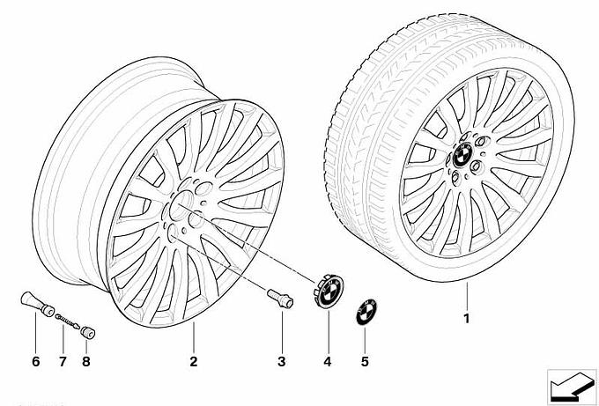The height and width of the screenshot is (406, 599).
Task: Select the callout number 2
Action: point(194,361)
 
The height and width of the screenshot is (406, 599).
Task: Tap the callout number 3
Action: point(282,361)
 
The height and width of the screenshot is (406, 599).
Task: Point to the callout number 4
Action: point(328,361)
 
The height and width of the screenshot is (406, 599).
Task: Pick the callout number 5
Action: point(365,361)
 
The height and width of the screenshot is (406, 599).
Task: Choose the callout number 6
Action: point(36,361)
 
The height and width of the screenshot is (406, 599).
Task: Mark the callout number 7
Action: point(63,361)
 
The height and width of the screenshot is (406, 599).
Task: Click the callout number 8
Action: point(86,361)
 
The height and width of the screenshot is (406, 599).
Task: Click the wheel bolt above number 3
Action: point(280,299)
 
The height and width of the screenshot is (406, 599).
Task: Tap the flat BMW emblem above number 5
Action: point(366,312)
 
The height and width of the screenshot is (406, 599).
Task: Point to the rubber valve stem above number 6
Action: point(37,304)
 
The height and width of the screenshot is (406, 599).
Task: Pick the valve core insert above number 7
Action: point(67,321)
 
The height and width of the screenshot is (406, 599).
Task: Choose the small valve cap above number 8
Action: point(88,332)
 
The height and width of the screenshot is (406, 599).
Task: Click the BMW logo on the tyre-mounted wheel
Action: point(462,155)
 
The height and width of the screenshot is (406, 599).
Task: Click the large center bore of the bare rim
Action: point(181,205)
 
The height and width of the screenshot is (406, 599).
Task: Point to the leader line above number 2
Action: point(194,338)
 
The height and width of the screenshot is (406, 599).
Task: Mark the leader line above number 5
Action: point(365,340)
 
